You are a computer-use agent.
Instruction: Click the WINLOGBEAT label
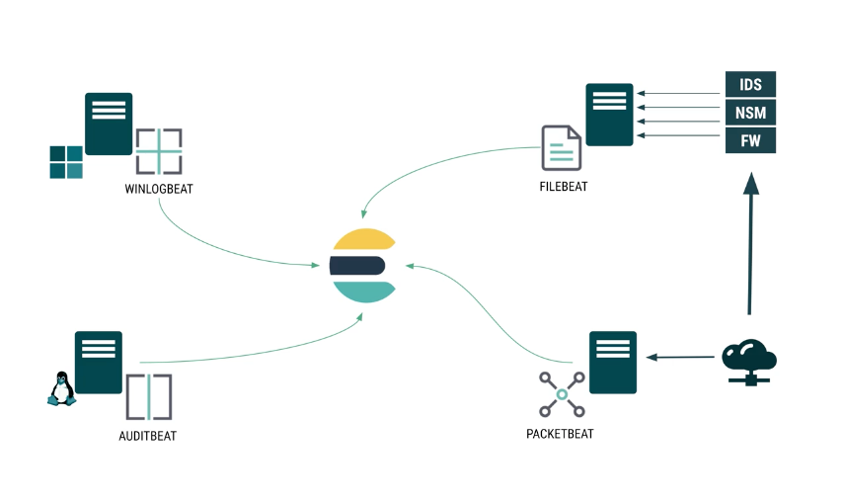pos(158,189)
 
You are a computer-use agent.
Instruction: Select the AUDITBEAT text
pos(147,436)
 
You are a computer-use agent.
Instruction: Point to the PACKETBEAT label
pos(560,433)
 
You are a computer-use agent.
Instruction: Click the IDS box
pos(750,84)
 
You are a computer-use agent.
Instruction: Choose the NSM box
pos(750,112)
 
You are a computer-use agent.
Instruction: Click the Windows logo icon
pos(66,162)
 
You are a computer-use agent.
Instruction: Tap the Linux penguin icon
pos(61,388)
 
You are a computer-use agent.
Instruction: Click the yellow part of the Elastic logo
pos(362,240)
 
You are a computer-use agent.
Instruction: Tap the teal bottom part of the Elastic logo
pos(364,290)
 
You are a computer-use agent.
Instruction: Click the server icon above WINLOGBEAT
pos(109,124)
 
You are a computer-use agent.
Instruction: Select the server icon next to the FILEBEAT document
pos(609,114)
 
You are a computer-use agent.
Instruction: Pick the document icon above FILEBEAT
pos(561,148)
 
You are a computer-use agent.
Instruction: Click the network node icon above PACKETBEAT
pos(562,394)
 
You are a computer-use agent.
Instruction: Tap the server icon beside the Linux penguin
pos(99,362)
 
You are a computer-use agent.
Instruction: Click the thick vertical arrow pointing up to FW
pos(750,247)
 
